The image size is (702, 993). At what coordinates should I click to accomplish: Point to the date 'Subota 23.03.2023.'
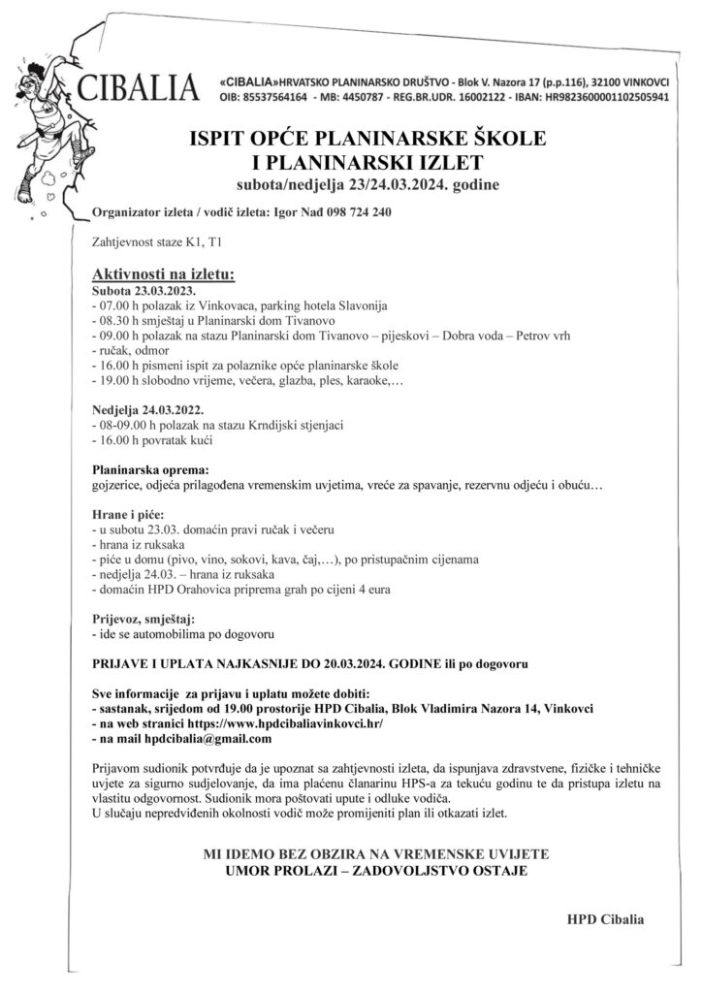click(144, 290)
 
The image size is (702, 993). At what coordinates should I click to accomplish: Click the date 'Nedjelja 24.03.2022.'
click(149, 410)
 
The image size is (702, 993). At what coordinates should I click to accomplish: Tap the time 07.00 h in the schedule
click(119, 304)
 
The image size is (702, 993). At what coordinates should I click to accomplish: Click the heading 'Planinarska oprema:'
click(149, 469)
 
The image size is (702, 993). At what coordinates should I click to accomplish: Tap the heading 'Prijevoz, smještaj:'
click(143, 618)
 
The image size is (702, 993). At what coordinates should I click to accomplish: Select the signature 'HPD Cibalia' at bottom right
click(605, 916)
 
